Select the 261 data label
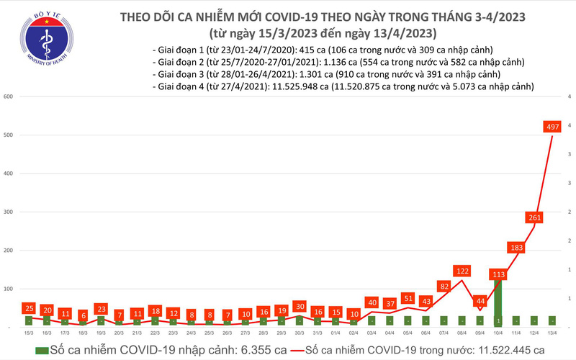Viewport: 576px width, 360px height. [x=534, y=217]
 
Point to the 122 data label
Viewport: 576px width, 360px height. [x=462, y=271]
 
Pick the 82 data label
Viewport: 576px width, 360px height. [x=444, y=287]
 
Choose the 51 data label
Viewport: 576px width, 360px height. [x=408, y=298]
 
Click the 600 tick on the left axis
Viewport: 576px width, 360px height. [x=9, y=96]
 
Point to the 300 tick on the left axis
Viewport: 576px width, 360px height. [x=9, y=212]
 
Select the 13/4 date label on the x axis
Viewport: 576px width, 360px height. [x=552, y=332]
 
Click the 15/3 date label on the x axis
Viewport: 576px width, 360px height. [x=29, y=332]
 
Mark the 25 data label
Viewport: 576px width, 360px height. [x=29, y=308]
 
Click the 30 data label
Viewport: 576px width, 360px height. [x=300, y=306]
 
